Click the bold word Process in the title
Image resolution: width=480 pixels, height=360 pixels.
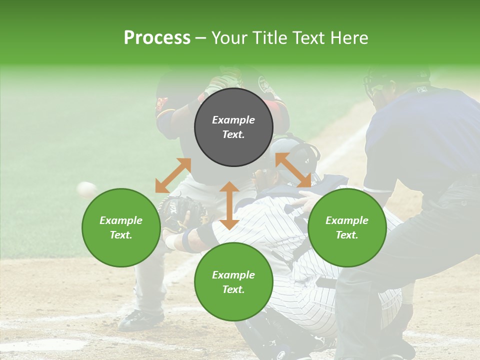tap(157, 38)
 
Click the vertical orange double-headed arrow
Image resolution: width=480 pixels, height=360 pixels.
tap(229, 205)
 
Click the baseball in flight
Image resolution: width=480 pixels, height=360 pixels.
tap(87, 189)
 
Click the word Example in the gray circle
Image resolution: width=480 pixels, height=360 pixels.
tap(233, 120)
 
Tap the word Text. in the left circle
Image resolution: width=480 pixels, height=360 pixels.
tap(121, 235)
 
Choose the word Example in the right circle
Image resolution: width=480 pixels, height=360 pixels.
tap(347, 220)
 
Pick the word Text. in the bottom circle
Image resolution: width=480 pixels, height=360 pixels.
tap(233, 289)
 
